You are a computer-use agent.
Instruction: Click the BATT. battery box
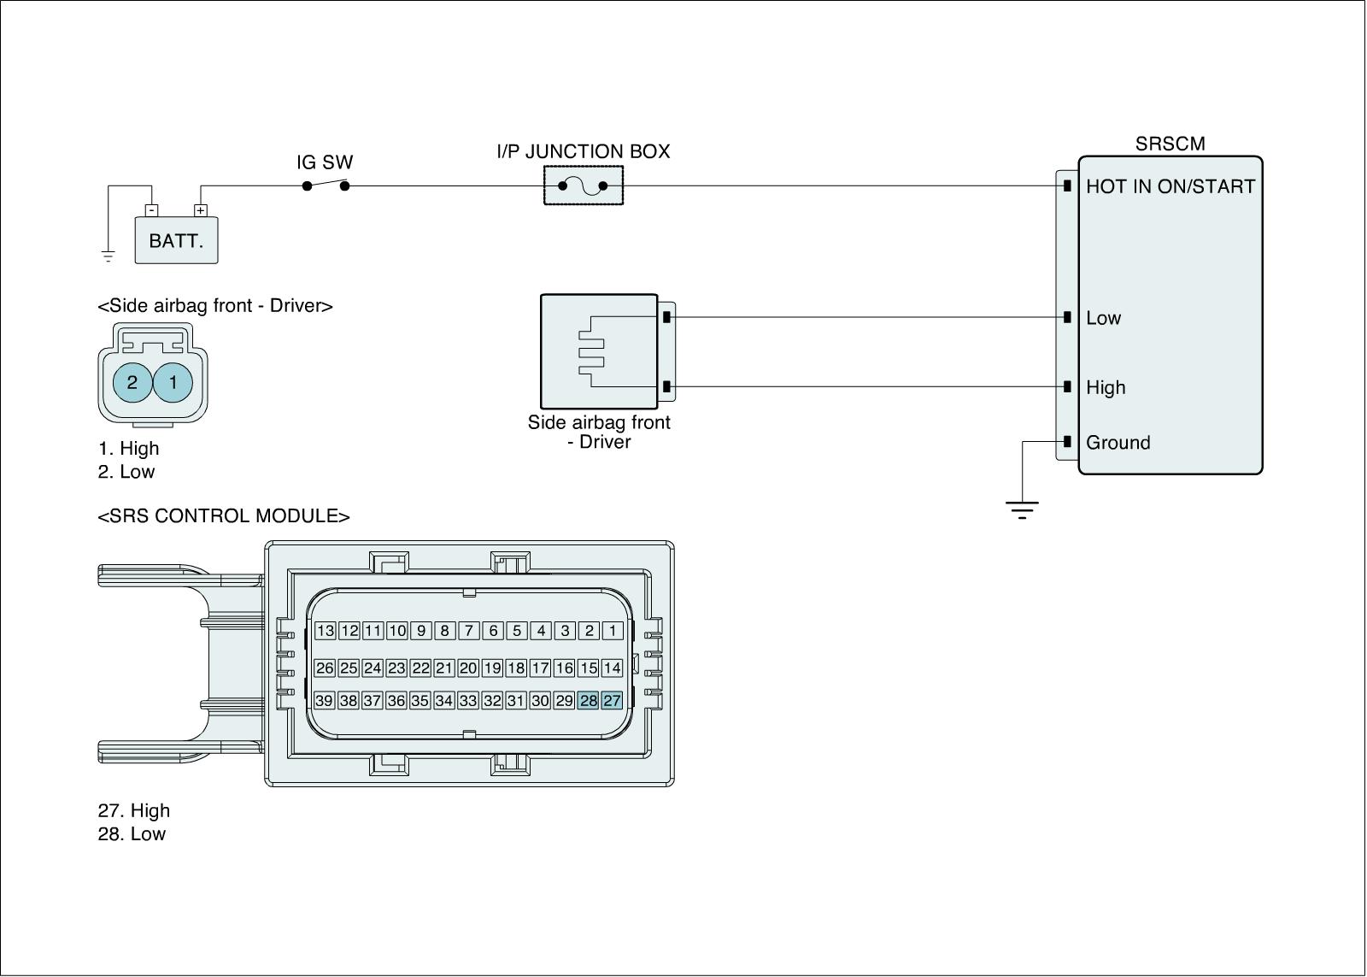[x=176, y=240]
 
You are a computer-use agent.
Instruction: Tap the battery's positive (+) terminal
[x=200, y=210]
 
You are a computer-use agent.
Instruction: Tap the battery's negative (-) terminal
[x=151, y=210]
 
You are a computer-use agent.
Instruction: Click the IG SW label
[x=325, y=162]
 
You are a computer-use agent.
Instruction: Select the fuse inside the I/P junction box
[x=583, y=185]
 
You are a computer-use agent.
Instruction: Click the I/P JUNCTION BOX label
[x=584, y=151]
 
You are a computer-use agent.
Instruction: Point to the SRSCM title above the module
[x=1170, y=144]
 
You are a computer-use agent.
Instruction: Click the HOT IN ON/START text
[x=1170, y=186]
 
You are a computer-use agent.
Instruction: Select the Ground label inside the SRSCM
[x=1118, y=442]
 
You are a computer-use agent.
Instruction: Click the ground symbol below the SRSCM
[x=1022, y=510]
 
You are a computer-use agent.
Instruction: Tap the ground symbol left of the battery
[x=108, y=256]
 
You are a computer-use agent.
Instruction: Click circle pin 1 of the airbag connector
[x=173, y=383]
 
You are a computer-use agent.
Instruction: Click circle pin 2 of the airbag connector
[x=132, y=383]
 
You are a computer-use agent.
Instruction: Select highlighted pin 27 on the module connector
[x=612, y=700]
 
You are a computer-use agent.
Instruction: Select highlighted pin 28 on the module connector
[x=589, y=700]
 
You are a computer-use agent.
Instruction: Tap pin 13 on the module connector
[x=326, y=631]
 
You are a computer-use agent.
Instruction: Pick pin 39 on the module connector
[x=324, y=700]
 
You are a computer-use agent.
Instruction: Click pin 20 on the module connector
[x=468, y=668]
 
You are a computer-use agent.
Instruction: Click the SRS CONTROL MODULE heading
[x=224, y=516]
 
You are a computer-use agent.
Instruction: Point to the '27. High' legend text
[x=134, y=810]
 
